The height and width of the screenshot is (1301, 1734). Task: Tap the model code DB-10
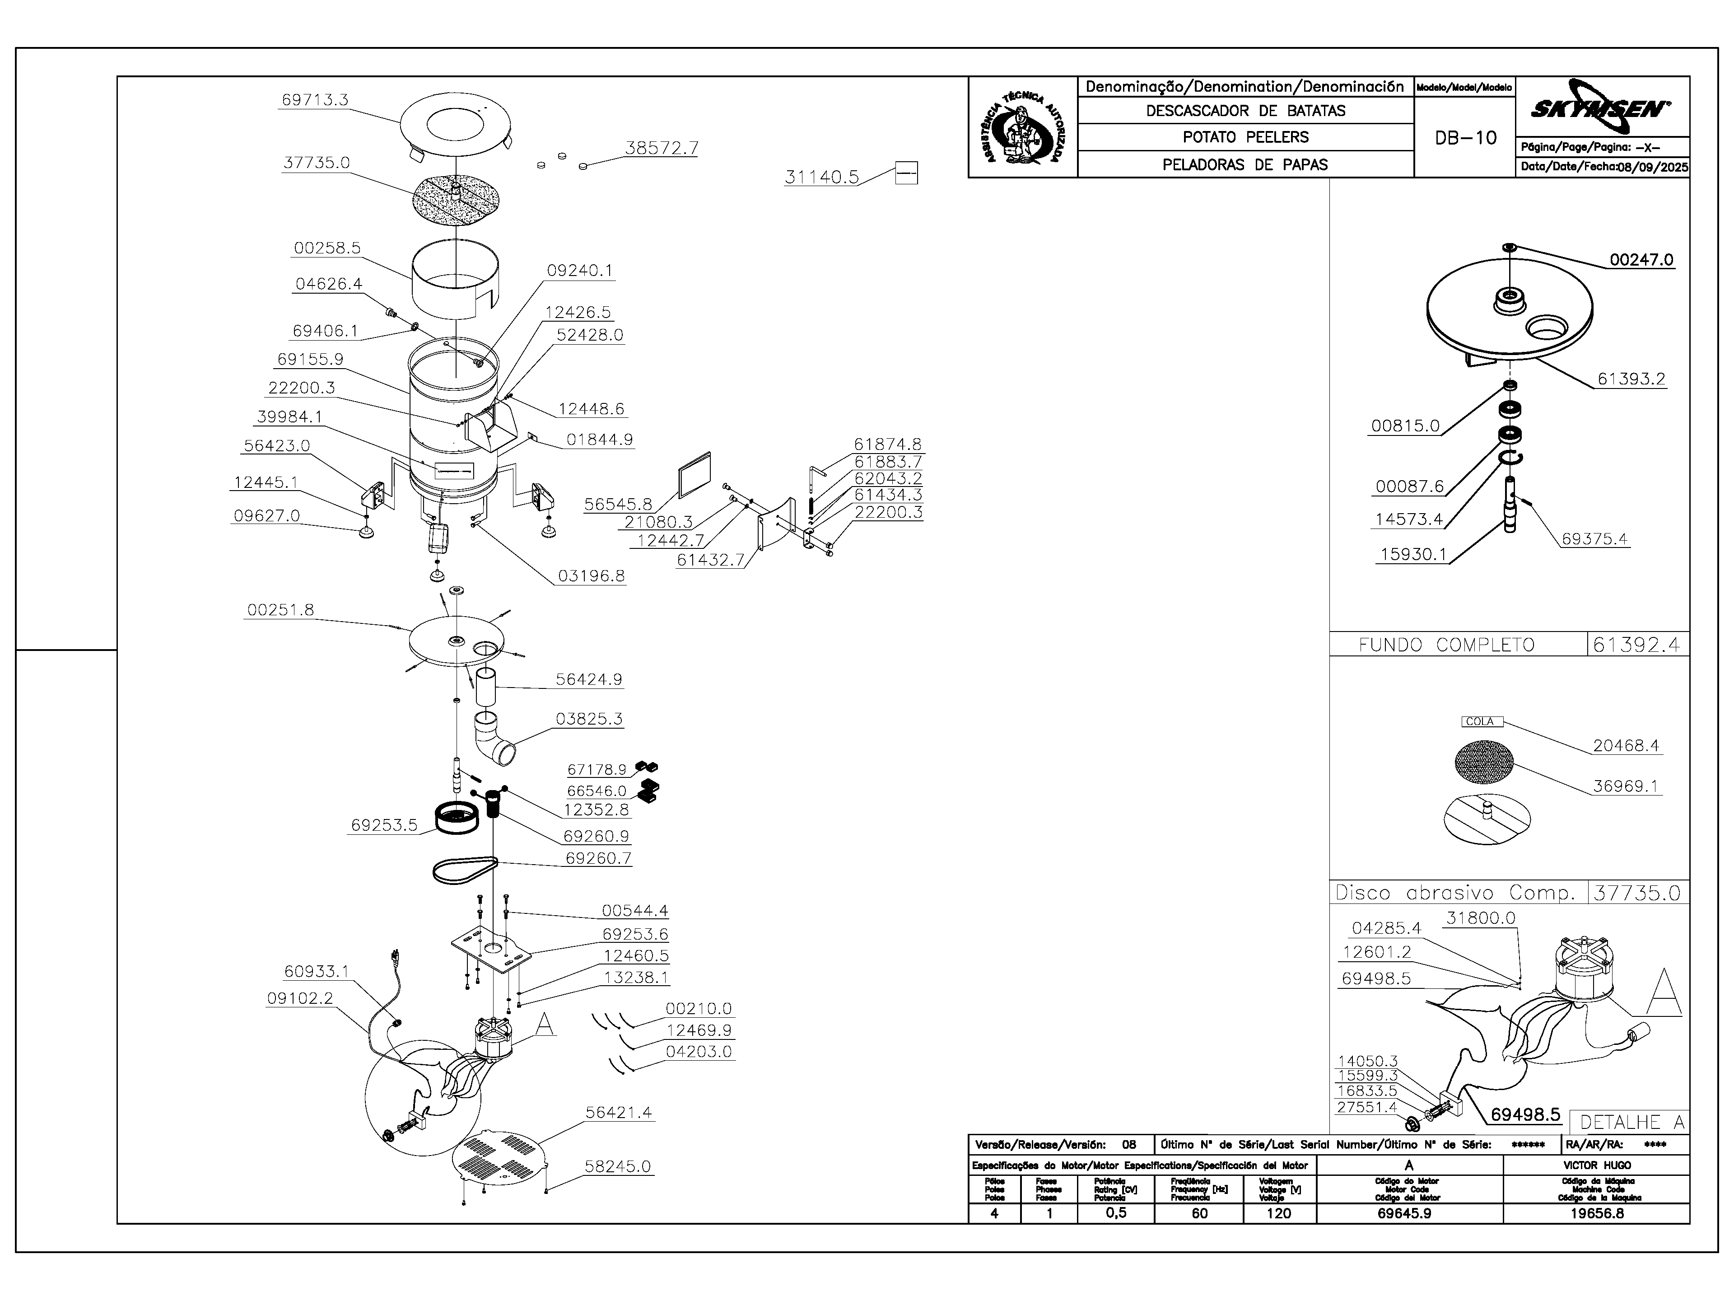[x=1465, y=138]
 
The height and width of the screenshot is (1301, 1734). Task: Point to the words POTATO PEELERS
[x=1245, y=137]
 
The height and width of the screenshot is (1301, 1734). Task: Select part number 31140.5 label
[x=821, y=177]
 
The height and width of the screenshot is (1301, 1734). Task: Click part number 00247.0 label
[x=1641, y=260]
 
